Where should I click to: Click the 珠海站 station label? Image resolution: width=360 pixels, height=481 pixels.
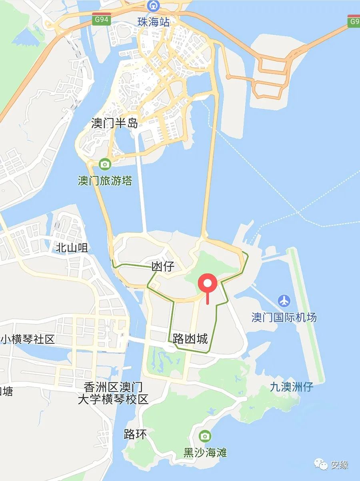154,22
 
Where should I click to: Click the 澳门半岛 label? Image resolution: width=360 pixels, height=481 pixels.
114,123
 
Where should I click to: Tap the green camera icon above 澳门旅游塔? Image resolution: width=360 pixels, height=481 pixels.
105,164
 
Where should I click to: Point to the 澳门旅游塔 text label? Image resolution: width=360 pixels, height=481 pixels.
105,181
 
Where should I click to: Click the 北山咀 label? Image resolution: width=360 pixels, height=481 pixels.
72,248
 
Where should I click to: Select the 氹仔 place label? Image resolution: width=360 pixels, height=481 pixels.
163,266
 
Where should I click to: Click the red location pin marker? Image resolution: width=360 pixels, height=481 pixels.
208,283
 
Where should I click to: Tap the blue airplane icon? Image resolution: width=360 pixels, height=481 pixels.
284,300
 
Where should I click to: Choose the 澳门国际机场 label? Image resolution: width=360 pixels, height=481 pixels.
284,317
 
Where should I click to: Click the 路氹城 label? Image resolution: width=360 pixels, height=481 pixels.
190,339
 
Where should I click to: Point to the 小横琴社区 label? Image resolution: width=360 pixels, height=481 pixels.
27,339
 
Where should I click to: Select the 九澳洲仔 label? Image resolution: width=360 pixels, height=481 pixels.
292,387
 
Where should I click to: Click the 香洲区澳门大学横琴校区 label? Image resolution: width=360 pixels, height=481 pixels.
113,393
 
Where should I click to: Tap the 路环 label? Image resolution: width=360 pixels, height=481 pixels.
135,434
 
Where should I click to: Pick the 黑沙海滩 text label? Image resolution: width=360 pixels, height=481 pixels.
205,453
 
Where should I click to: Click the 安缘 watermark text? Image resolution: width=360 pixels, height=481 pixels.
339,465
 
